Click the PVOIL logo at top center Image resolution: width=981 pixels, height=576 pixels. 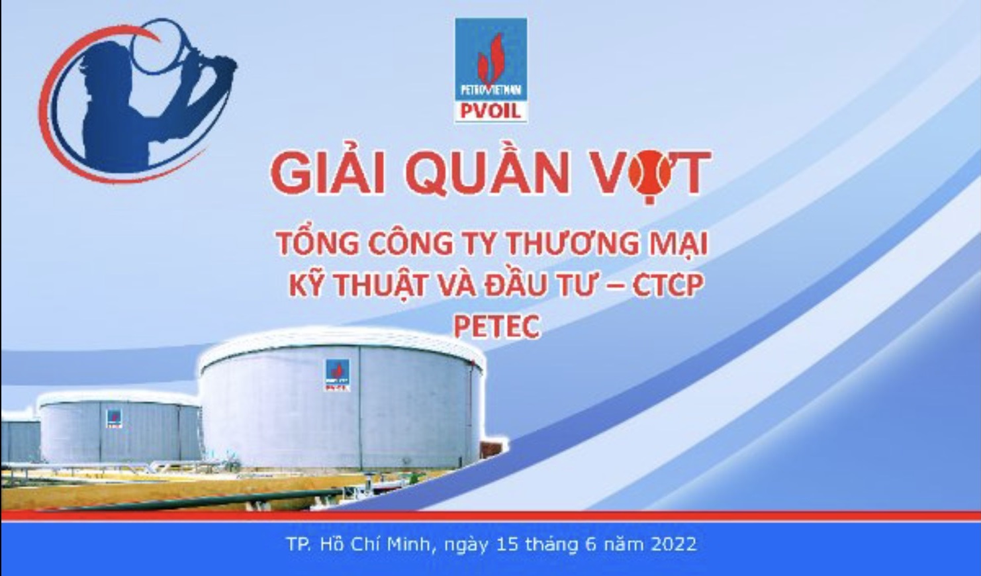click(x=491, y=70)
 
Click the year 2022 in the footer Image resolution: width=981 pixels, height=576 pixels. click(x=674, y=544)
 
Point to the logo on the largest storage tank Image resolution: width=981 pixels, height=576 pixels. click(x=337, y=375)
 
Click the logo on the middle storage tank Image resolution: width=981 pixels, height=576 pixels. click(x=114, y=418)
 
